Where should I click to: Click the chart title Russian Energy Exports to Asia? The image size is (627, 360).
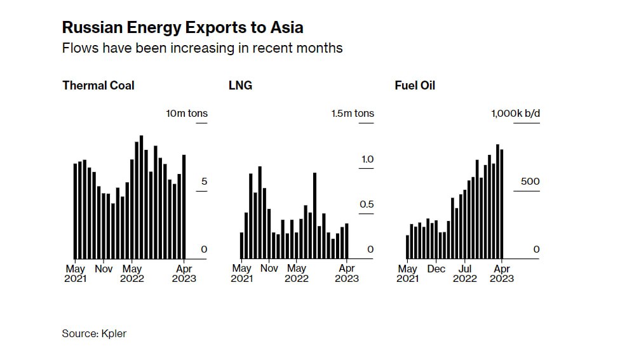pos(182,27)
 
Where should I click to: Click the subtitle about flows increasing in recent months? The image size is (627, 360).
pos(202,48)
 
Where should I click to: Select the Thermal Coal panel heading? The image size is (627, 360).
pos(98,85)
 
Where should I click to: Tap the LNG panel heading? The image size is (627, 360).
pos(240,85)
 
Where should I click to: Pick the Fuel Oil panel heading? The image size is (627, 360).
pos(415,85)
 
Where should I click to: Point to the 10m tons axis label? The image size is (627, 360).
pos(187,114)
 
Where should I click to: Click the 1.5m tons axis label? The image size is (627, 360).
pos(353,114)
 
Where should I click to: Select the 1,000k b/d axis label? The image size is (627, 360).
pos(515,114)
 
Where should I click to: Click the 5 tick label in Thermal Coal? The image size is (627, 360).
pos(204,182)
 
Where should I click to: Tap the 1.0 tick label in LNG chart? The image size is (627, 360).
pos(367,159)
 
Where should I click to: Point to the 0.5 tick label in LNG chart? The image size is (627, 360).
pos(367,204)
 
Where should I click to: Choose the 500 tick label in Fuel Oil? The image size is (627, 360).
pos(530,182)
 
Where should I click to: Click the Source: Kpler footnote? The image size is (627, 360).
pos(94,333)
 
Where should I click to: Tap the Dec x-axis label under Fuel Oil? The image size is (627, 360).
pos(436,269)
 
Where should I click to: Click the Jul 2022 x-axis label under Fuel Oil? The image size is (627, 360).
pos(465,274)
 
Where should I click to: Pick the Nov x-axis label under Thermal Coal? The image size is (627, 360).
pos(104,269)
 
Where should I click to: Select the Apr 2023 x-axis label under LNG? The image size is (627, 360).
pos(347,274)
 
